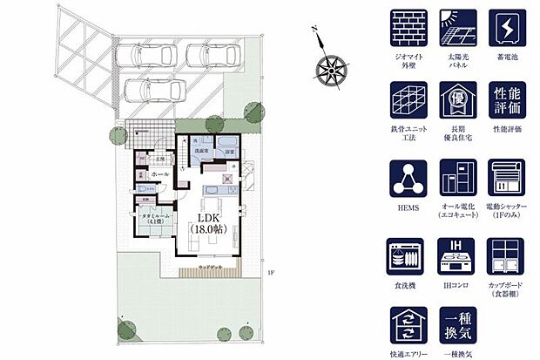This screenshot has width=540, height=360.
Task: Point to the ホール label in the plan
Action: coord(159,173)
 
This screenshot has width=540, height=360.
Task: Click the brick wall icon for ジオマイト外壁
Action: coord(408,30)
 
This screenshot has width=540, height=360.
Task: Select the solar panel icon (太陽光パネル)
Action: coord(458,30)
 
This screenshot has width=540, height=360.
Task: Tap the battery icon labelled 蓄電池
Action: coord(508,30)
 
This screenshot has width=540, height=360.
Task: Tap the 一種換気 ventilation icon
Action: coord(458,327)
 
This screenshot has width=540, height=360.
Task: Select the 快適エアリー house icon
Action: coord(408,327)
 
